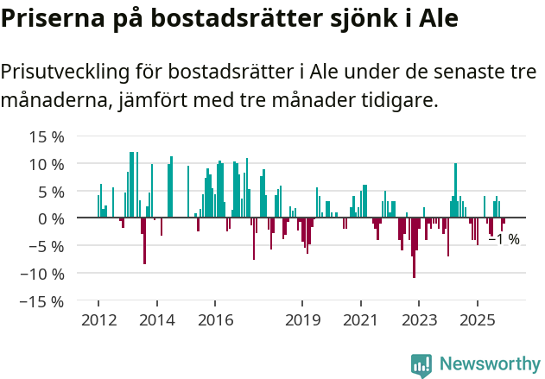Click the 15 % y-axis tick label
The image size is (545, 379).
pyautogui.click(x=46, y=136)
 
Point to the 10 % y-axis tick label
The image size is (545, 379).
pyautogui.click(x=46, y=164)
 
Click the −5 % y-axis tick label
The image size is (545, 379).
pyautogui.click(x=46, y=246)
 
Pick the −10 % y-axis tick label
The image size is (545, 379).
pyautogui.click(x=41, y=274)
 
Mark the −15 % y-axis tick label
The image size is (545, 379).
pyautogui.click(x=41, y=301)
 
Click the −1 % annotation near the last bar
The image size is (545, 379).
pyautogui.click(x=504, y=239)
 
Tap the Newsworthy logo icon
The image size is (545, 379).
pyautogui.click(x=421, y=364)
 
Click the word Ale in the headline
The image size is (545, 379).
pyautogui.click(x=432, y=18)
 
